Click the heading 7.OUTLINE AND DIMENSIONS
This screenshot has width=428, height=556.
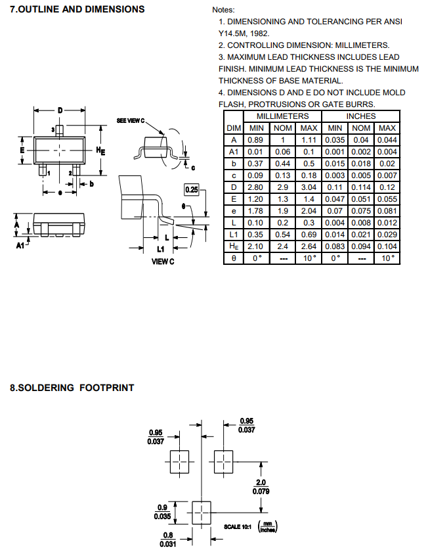(x=77, y=9)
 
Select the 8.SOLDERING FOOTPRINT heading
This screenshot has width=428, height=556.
(x=72, y=388)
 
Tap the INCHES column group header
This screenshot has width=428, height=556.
(x=360, y=116)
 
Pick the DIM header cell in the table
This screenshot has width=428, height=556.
(x=234, y=128)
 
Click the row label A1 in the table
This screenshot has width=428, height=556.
(x=234, y=152)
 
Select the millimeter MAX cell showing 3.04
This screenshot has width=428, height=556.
(x=309, y=187)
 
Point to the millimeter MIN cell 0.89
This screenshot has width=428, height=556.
(x=256, y=140)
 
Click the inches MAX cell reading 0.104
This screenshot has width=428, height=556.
(x=387, y=246)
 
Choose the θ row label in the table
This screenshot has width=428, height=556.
(x=234, y=258)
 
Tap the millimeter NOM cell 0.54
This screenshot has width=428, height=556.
(x=282, y=235)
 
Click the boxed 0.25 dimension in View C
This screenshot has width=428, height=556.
(x=192, y=190)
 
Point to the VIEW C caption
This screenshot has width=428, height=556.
(x=163, y=261)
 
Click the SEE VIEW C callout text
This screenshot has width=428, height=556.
(x=130, y=122)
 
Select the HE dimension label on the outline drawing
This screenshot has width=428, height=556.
(x=101, y=151)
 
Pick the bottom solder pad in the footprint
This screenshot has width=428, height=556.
(x=201, y=510)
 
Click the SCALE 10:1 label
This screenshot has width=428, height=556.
(x=238, y=526)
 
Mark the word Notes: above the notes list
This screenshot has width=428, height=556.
(x=223, y=10)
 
